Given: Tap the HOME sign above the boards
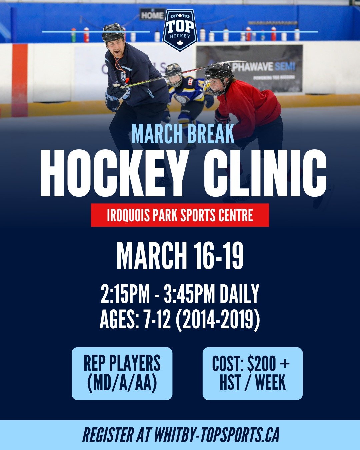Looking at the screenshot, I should [x=152, y=15].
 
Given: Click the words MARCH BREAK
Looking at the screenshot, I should [x=183, y=134].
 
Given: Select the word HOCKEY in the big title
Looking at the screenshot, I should [x=113, y=174].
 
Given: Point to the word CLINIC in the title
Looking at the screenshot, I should [x=265, y=174].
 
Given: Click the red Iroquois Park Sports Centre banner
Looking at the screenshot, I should [x=180, y=215].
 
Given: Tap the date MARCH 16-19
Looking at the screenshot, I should [x=180, y=256].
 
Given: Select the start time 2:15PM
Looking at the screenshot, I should [x=125, y=294].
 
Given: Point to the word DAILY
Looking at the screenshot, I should [x=239, y=294].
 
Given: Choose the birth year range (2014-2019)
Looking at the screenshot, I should [x=218, y=320].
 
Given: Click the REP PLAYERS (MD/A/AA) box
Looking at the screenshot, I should [x=122, y=373].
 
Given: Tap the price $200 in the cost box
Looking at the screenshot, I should [x=262, y=364].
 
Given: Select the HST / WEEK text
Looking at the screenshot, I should [x=253, y=383].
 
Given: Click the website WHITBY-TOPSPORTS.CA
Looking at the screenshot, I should [x=216, y=435].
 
